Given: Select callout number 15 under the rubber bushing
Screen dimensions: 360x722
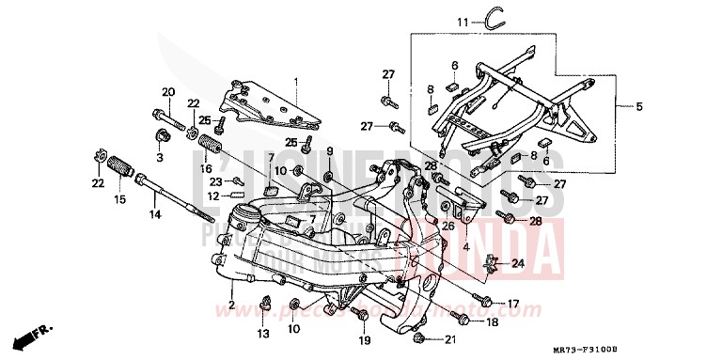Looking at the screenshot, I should [119, 199].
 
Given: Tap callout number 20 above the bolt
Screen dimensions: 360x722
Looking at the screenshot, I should [169, 91].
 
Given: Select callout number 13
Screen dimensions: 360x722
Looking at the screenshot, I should [262, 333].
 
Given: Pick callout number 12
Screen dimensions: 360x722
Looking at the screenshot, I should [213, 196].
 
